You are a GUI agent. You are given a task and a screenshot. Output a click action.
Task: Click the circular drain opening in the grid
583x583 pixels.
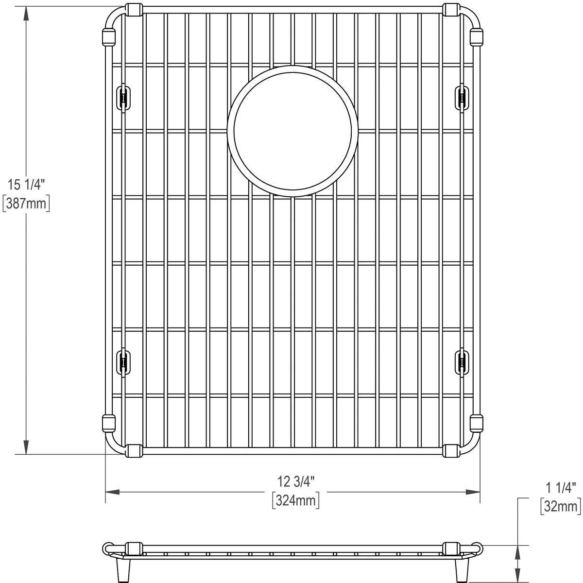292,131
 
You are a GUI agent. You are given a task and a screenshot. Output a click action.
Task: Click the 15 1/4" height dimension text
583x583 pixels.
26,185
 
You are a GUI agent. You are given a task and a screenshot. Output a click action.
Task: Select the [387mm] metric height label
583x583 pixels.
26,203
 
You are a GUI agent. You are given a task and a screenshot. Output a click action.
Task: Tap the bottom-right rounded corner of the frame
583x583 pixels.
473,447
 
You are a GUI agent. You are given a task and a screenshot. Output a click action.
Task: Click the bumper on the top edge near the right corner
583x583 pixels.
450,10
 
